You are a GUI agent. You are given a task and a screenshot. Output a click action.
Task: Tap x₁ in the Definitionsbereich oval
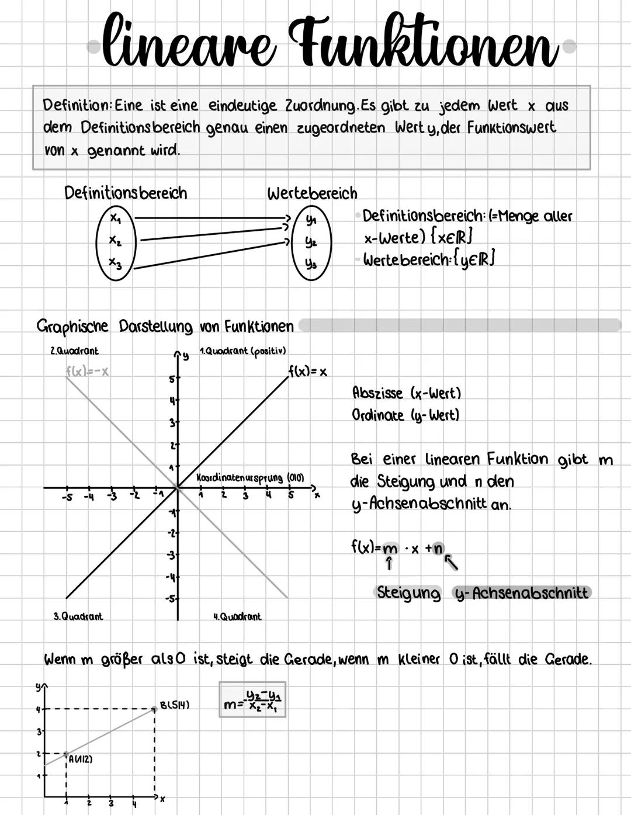point(116,219)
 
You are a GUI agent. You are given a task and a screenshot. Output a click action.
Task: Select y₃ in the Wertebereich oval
point(310,264)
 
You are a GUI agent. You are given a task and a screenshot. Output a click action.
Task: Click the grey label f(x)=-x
point(88,372)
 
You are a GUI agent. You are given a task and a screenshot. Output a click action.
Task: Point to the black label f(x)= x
point(308,372)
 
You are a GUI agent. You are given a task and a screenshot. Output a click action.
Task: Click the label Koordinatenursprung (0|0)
point(250,478)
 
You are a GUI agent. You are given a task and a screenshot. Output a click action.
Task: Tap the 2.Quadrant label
point(74,351)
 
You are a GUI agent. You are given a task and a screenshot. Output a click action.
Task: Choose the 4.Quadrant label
point(237,616)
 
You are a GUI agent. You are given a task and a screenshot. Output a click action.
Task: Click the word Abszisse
point(377,393)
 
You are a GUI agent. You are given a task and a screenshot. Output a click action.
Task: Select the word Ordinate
point(377,415)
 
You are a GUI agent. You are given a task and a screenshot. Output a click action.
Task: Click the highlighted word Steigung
point(408,593)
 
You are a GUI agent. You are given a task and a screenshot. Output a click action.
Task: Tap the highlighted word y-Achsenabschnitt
point(522,593)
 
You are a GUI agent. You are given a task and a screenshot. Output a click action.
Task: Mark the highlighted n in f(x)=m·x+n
point(438,548)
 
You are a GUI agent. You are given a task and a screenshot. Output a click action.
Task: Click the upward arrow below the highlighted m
point(390,564)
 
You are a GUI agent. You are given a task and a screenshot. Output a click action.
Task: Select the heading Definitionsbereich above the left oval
point(126,193)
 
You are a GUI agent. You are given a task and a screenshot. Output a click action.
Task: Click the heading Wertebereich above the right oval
point(312,193)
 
